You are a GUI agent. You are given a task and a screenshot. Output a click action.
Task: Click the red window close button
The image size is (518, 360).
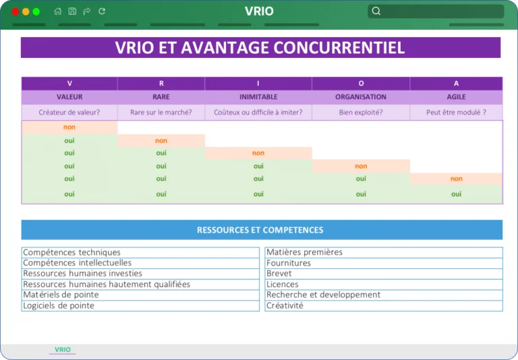point(16,11)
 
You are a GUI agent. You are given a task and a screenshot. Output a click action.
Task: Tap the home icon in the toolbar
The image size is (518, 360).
point(58,11)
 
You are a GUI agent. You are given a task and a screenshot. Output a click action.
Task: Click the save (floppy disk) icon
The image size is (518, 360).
point(72,11)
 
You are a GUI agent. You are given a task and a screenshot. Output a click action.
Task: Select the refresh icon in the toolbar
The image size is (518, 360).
point(102,11)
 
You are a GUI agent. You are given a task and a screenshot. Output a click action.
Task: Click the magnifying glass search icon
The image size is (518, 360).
point(376,11)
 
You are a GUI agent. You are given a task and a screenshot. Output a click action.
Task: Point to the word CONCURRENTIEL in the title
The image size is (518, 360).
point(339,48)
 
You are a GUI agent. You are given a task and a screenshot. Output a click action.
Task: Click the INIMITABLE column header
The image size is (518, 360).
point(258,97)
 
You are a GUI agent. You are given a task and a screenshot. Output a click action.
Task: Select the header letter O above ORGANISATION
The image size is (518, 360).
point(361,83)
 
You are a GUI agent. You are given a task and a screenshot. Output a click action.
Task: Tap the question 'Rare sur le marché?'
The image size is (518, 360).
point(161,113)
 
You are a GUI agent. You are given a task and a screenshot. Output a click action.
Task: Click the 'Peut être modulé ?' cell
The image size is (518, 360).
point(456,113)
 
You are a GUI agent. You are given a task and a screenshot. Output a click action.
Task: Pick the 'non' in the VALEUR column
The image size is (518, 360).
point(69,127)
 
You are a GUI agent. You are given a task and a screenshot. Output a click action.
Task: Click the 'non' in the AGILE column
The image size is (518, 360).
point(456,179)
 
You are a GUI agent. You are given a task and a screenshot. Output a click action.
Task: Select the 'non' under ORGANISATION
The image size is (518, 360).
point(361,166)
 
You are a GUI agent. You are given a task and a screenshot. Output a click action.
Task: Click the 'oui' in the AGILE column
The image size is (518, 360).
point(456,194)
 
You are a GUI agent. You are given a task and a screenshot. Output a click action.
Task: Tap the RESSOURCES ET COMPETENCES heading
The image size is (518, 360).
point(260,230)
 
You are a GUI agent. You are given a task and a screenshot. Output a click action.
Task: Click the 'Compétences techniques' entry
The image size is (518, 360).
point(71,252)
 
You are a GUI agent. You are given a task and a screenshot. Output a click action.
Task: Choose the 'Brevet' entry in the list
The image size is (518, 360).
point(279,274)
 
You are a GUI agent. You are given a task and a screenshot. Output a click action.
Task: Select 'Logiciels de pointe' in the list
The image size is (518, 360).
point(59,305)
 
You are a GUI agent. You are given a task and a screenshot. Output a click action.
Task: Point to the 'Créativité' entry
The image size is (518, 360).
point(285,305)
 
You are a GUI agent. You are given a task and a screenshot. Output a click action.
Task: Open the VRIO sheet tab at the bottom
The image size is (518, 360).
point(63,349)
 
